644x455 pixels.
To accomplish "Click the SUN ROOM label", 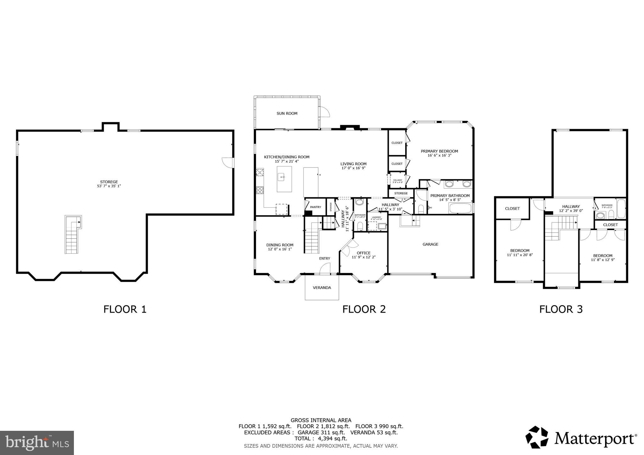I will coord(287,113).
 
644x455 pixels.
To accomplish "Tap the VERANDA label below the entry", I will coord(322,288).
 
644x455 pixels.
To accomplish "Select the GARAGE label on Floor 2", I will coord(430,244).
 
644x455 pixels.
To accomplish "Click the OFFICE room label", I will coord(364,253).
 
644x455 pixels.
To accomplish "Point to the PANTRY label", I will coord(315,207).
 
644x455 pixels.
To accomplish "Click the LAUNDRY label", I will coord(376,217).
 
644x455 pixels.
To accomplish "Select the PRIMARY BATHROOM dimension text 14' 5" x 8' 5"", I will coord(450,200).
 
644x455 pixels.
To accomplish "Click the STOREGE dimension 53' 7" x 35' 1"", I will coord(109,186).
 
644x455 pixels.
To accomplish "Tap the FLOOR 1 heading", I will coord(125,309).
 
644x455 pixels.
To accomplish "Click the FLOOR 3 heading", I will coord(561,309).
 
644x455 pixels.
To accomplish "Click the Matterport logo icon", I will coord(536,437).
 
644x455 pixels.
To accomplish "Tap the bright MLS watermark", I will coord(37,443).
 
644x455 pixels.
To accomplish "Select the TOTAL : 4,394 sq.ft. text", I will coord(321,438).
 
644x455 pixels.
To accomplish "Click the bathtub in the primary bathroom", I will coord(460,208).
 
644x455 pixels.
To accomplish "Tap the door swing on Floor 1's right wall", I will coord(228,162).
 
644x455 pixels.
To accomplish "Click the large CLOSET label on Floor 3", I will coord(512,208).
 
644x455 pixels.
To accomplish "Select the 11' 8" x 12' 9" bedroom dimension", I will coord(602,260).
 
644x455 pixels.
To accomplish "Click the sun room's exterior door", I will coord(324,112).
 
